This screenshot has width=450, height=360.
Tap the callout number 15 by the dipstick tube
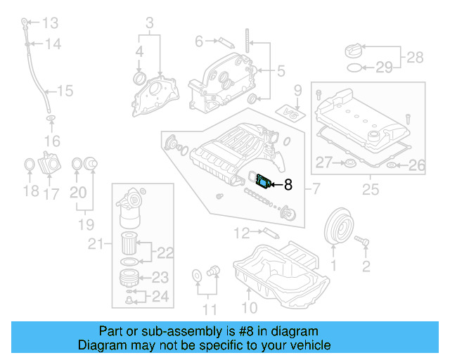click(65, 90)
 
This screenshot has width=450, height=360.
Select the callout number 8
click(288, 186)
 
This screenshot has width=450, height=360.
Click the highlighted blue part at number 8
click(264, 182)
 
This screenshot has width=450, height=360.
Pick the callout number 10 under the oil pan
click(249, 307)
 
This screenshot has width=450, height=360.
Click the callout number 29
click(384, 67)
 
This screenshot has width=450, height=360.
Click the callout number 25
click(368, 188)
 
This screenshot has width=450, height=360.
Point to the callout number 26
click(418, 166)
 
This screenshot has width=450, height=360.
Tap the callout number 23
click(160, 277)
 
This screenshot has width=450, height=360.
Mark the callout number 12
click(242, 232)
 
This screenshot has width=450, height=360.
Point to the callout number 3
click(149, 26)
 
